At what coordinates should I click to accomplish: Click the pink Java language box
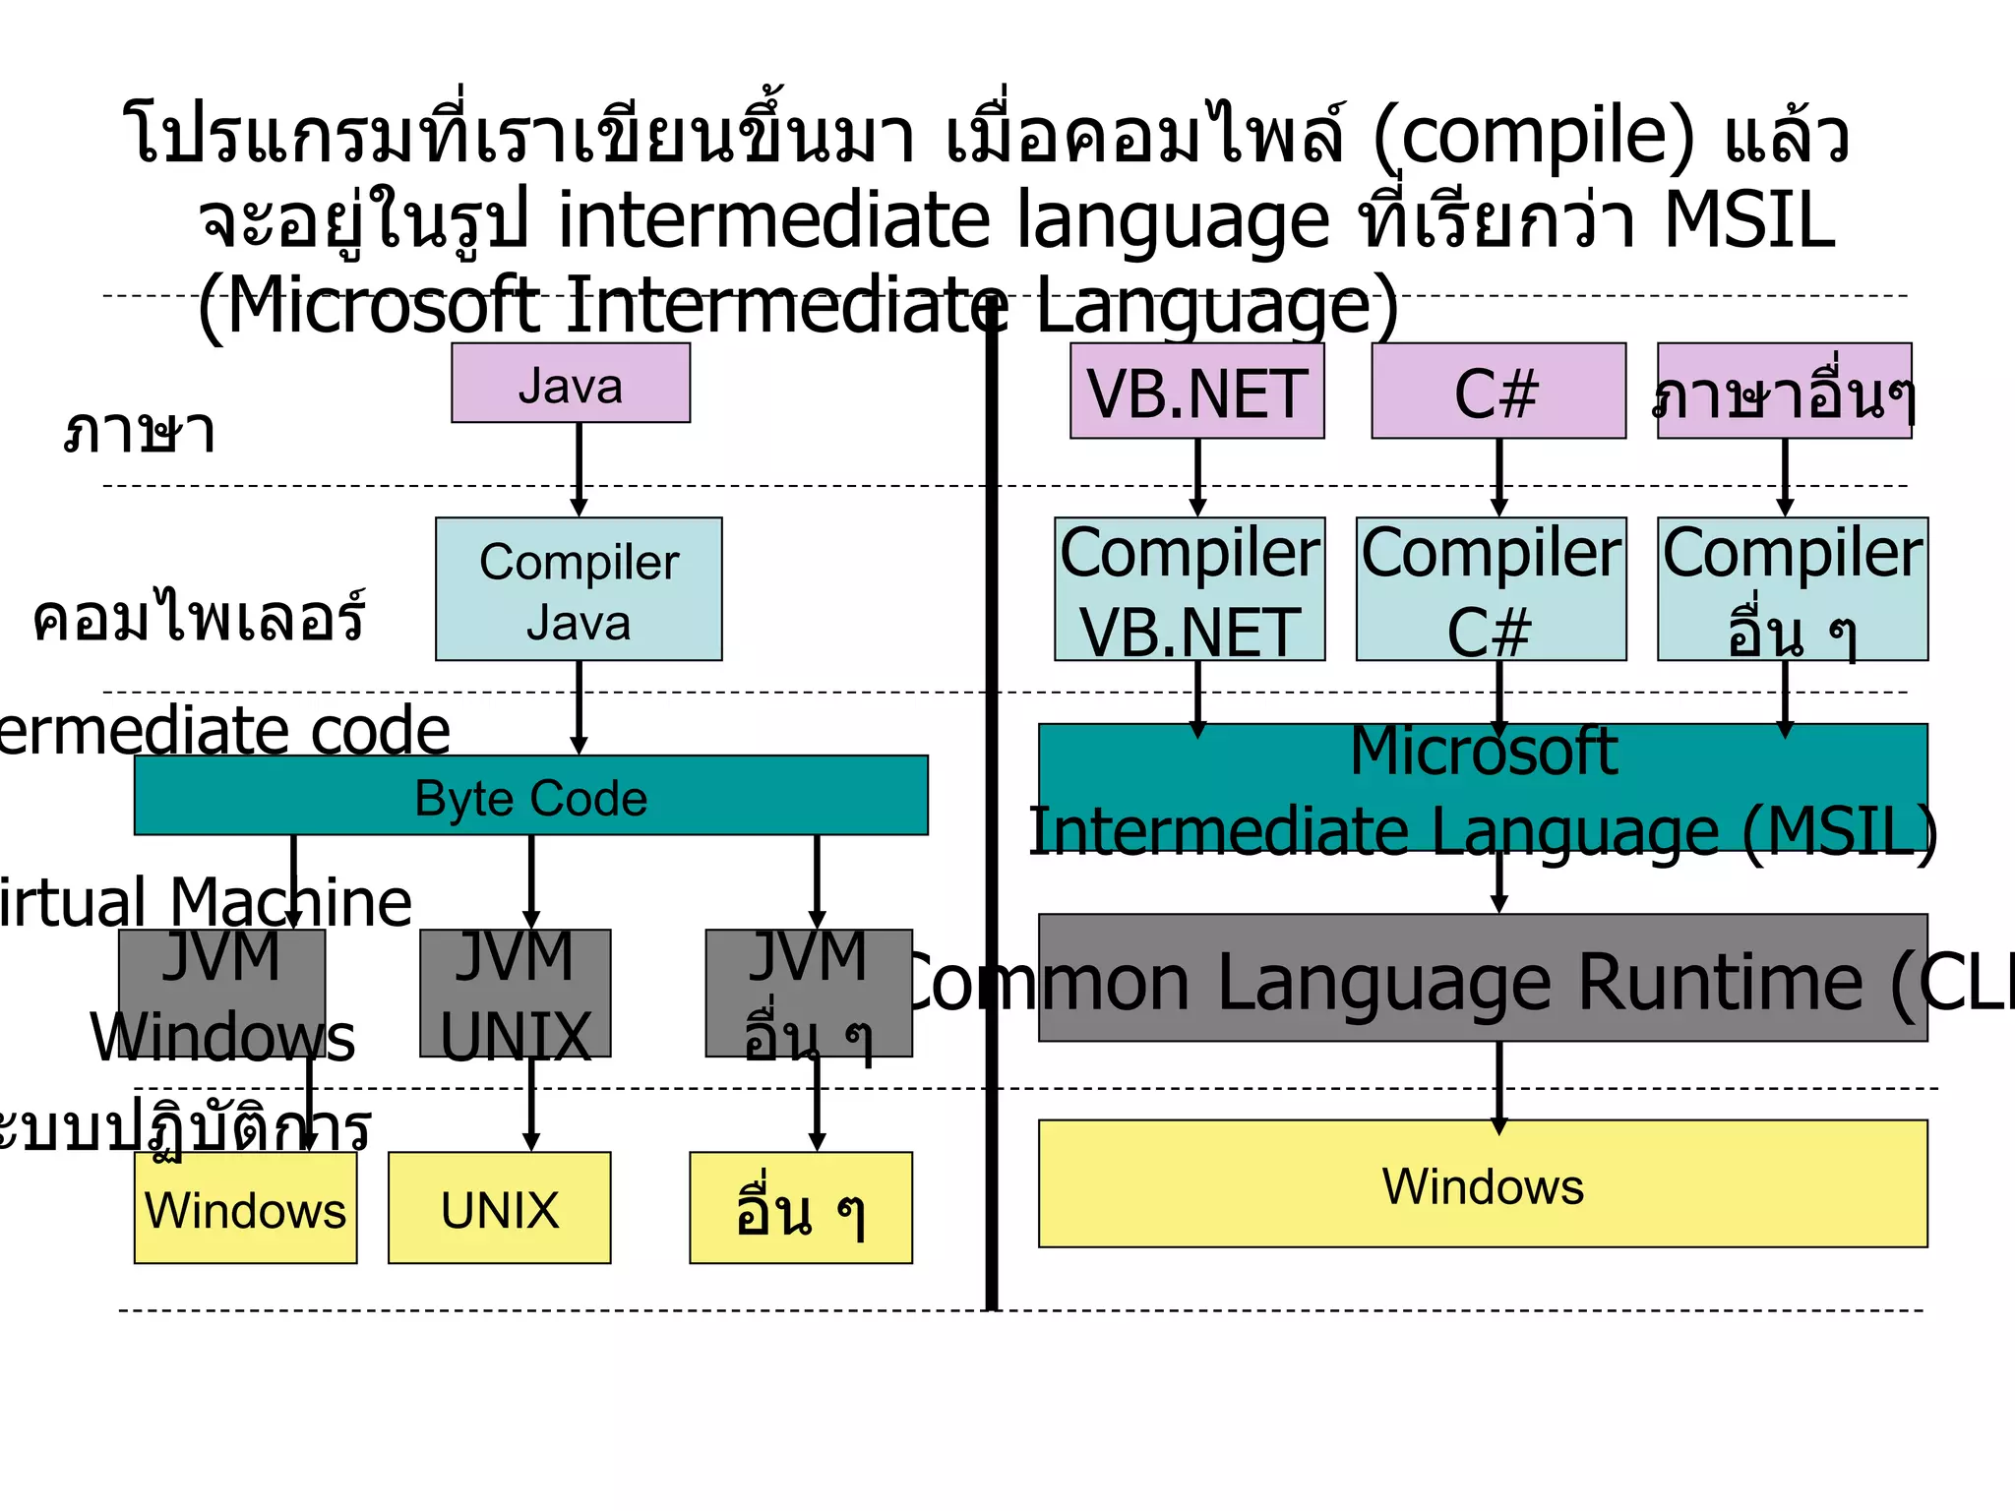pos(571,384)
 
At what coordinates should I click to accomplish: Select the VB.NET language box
pos(1196,392)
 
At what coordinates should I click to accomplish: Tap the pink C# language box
pos(1497,392)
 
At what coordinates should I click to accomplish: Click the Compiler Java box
pos(579,589)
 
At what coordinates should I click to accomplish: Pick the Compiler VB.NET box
pos(1190,589)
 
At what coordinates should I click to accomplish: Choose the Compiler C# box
pos(1491,589)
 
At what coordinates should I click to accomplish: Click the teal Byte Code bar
pos(530,796)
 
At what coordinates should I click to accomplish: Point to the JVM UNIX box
pos(515,994)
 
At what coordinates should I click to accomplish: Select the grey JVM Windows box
pos(221,994)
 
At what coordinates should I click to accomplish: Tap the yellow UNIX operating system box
pos(499,1208)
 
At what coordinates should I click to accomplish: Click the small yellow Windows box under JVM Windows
pos(245,1208)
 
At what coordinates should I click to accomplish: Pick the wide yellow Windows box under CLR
pos(1483,1184)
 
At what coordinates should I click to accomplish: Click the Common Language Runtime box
pos(1483,978)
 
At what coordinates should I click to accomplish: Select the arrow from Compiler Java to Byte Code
pos(579,706)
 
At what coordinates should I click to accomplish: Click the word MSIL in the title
pos(1748,219)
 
